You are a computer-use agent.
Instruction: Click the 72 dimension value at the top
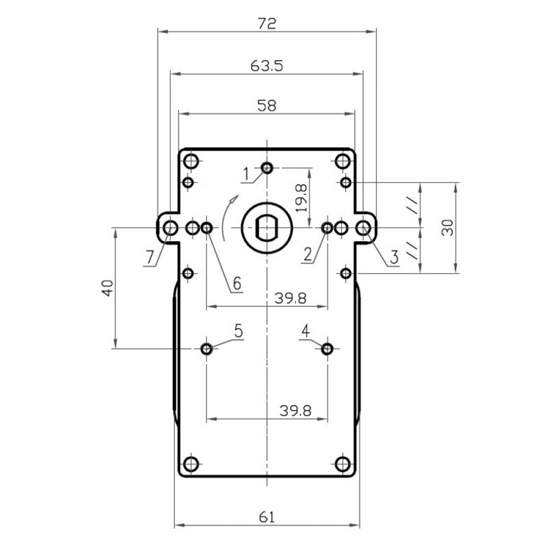coord(267,24)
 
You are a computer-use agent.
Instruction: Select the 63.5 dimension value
coord(267,66)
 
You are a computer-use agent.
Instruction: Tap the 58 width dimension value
coord(267,105)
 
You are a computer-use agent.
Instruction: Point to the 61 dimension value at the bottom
coord(267,517)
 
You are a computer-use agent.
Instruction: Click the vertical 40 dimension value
coord(108,288)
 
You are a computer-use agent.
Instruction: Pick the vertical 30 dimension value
coord(447,227)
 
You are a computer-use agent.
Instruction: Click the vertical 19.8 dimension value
coord(301,198)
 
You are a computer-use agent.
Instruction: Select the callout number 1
coord(247,174)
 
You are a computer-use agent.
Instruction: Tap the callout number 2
coord(307,254)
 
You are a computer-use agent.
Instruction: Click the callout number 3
coord(394,258)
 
